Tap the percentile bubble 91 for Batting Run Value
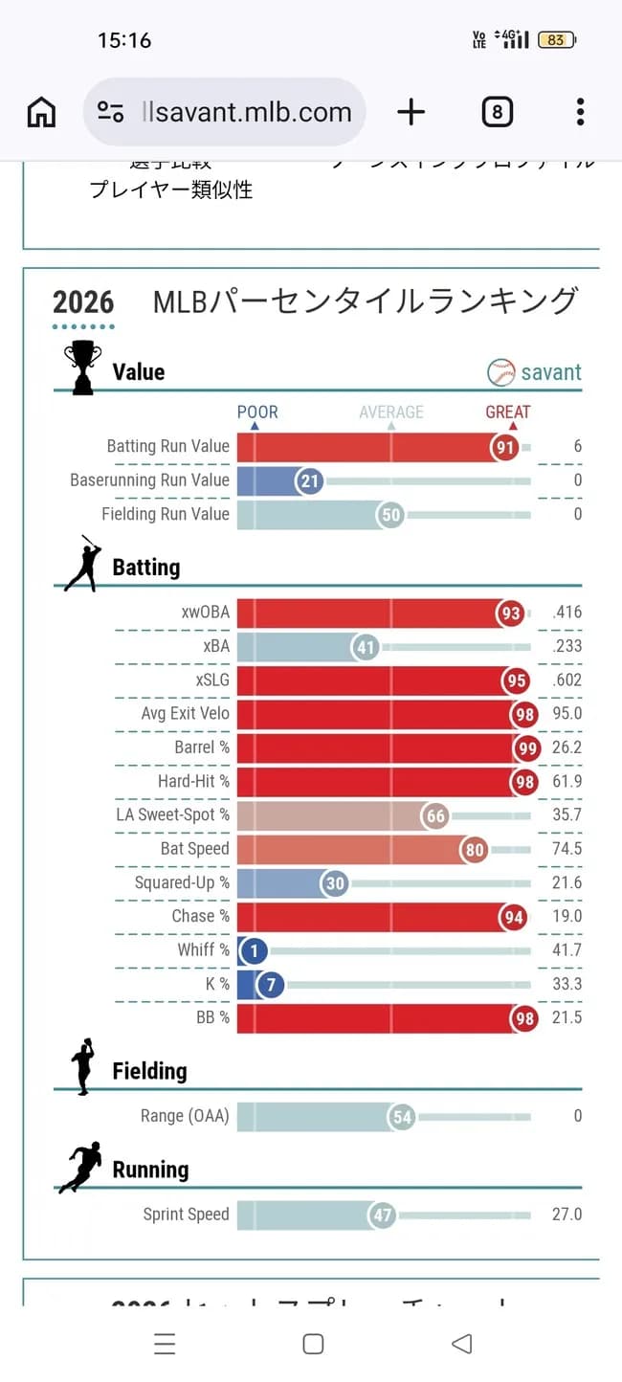[504, 447]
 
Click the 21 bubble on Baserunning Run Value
[309, 480]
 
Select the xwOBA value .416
[566, 613]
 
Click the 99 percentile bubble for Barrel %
[527, 748]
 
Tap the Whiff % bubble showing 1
[254, 950]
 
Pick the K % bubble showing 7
[271, 984]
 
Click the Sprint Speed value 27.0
[566, 1215]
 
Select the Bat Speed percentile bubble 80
[473, 849]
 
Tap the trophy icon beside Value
[82, 368]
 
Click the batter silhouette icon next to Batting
[82, 564]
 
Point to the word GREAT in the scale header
[507, 412]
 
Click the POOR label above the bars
[257, 412]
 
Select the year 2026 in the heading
[83, 302]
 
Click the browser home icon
[41, 112]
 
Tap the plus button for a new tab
[411, 112]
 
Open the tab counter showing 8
[497, 112]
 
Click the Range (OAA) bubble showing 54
[402, 1116]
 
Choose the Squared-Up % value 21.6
[566, 882]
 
